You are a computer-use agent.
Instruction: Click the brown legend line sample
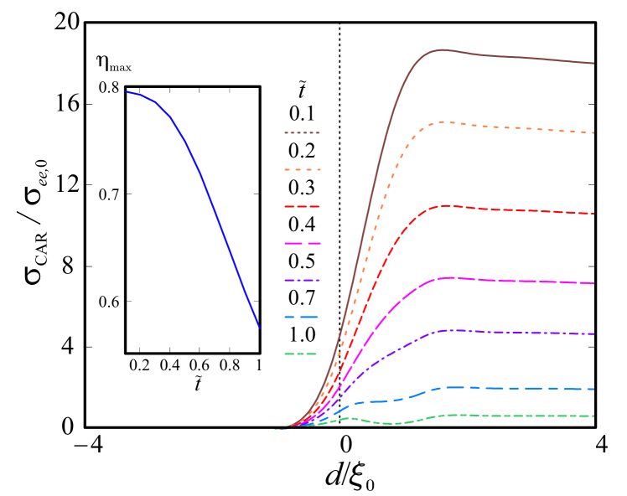[x=302, y=132]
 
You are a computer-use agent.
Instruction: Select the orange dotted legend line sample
[x=302, y=169]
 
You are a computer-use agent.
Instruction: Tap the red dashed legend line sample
[x=302, y=206]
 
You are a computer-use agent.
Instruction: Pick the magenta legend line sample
[x=302, y=243]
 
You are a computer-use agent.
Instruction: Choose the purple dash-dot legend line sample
[x=302, y=280]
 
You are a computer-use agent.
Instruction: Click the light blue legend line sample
[x=302, y=317]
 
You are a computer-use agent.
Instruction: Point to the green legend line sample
[x=302, y=354]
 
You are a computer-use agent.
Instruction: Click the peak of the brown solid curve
[x=443, y=49]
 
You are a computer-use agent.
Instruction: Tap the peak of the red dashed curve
[x=447, y=205]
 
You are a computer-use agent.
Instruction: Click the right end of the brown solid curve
[x=593, y=63]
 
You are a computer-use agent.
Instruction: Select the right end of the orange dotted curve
[x=593, y=132]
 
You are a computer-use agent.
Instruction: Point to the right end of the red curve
[x=593, y=214]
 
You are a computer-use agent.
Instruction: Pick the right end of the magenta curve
[x=593, y=283]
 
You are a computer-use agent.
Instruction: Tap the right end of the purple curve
[x=593, y=333]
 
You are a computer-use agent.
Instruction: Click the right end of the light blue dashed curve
[x=593, y=389]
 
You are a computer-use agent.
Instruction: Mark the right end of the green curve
[x=593, y=416]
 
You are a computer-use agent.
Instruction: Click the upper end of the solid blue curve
[x=127, y=91]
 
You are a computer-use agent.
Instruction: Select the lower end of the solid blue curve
[x=260, y=328]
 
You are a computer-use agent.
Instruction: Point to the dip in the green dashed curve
[x=388, y=424]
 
